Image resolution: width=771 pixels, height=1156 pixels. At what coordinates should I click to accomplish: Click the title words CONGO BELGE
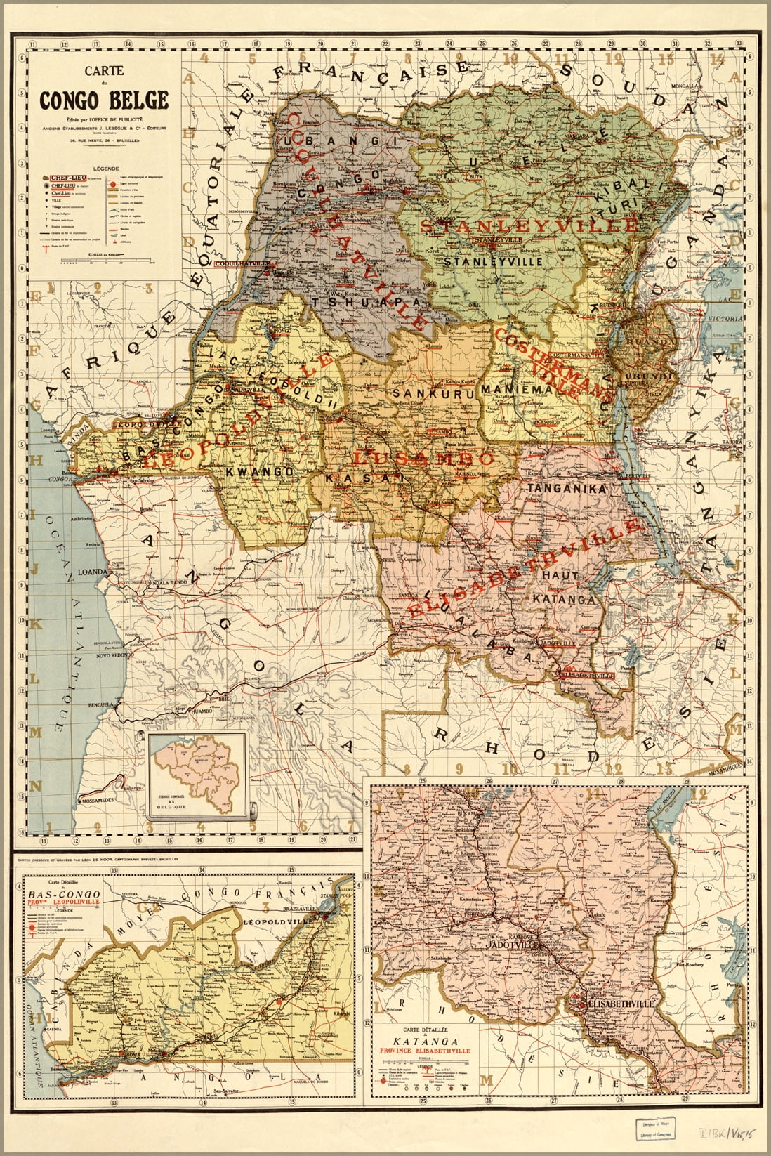[103, 100]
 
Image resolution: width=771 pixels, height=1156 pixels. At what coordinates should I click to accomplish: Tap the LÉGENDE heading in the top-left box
[103, 169]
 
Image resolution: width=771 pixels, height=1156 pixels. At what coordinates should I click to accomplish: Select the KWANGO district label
[259, 471]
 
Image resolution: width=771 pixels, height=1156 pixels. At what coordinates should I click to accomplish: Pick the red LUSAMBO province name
[423, 459]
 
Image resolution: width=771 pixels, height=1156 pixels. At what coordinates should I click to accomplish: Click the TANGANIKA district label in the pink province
[567, 487]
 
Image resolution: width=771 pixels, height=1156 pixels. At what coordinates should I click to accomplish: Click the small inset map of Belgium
[197, 775]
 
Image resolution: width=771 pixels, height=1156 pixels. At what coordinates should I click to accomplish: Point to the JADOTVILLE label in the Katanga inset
[507, 946]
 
